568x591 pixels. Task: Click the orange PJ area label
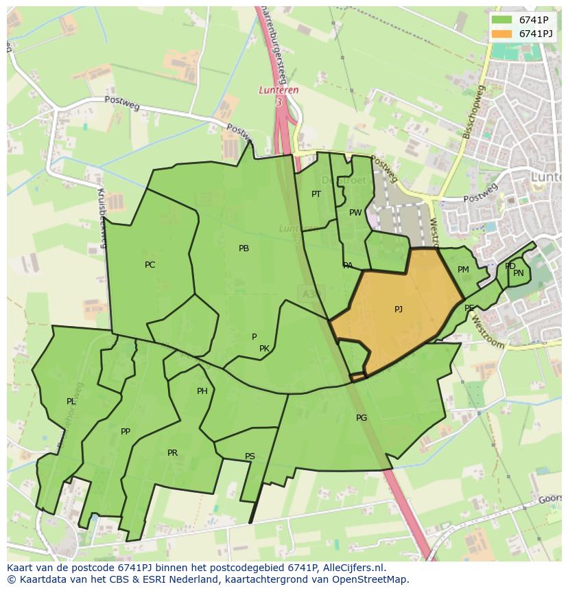point(399,310)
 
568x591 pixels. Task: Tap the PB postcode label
point(244,248)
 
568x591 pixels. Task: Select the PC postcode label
point(150,265)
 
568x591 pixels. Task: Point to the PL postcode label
point(71,402)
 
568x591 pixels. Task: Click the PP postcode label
point(125,432)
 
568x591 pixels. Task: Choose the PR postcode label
point(172,453)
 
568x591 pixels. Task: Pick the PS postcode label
point(250,456)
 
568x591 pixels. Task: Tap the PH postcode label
point(202,391)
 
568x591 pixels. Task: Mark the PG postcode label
point(362,418)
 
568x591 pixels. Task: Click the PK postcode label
point(264,349)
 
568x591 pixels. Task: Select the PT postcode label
point(316,194)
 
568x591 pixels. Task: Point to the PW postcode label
point(355,213)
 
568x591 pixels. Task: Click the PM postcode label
point(463,270)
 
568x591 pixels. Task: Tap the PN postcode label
point(518,273)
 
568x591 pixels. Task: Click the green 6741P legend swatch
point(501,20)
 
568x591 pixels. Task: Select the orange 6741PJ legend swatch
point(501,33)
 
